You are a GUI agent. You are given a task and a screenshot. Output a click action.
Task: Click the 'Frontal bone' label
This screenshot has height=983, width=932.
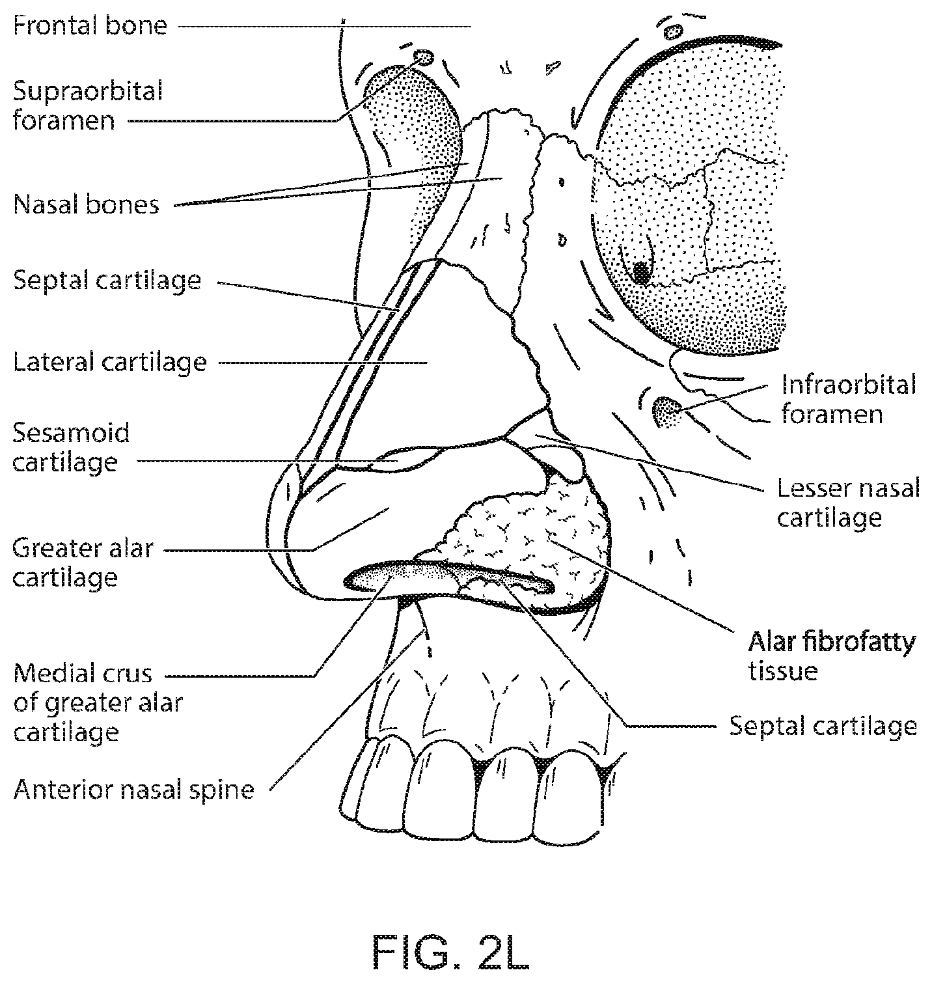click(x=90, y=26)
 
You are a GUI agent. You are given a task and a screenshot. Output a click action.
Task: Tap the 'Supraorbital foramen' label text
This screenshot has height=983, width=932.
click(x=87, y=105)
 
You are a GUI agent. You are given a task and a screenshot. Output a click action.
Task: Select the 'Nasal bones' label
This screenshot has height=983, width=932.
click(x=86, y=204)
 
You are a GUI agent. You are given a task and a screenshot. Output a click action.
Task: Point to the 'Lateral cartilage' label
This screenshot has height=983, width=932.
click(x=109, y=362)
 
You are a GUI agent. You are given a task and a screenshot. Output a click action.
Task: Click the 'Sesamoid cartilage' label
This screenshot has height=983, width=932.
click(x=72, y=447)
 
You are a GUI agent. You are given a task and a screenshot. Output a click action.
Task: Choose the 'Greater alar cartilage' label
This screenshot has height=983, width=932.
click(x=83, y=562)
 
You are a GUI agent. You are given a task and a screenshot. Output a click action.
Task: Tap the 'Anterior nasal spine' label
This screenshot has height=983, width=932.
click(x=133, y=790)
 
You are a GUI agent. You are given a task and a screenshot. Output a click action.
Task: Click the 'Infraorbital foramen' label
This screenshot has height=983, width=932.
click(x=849, y=399)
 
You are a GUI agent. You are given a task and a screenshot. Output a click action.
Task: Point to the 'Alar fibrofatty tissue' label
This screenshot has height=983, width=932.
click(x=832, y=656)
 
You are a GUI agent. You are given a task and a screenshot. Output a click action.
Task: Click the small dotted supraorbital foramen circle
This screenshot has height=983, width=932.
click(x=423, y=58)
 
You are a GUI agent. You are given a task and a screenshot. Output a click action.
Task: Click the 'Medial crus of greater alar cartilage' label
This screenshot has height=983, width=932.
click(x=98, y=702)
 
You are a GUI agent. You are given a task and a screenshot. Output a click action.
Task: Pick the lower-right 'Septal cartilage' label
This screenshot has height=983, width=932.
click(x=823, y=726)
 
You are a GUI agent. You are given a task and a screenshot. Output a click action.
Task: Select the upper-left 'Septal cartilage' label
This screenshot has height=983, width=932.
click(x=107, y=281)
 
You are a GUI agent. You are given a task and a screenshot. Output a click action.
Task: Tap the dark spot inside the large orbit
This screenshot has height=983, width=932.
click(x=642, y=272)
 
